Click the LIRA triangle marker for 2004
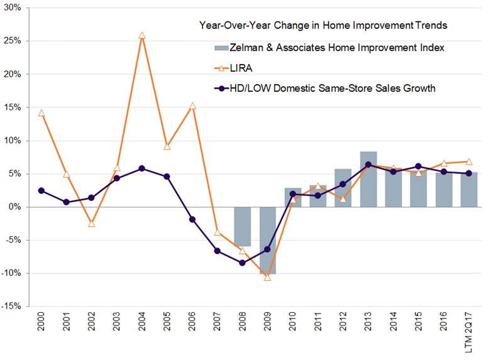click(x=142, y=36)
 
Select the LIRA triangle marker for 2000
click(x=41, y=113)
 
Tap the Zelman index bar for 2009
click(x=268, y=241)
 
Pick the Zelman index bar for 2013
click(x=368, y=179)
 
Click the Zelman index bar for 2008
click(x=243, y=226)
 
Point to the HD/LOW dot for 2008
click(x=243, y=263)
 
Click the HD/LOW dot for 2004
click(x=142, y=168)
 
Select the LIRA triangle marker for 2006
click(x=192, y=106)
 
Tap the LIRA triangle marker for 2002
click(x=92, y=223)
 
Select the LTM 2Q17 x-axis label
click(x=469, y=333)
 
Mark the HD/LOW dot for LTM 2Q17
click(x=469, y=173)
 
